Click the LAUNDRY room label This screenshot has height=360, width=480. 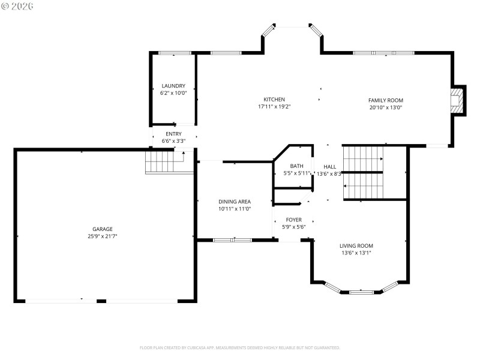click(x=173, y=86)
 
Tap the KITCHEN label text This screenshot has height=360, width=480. click(x=274, y=100)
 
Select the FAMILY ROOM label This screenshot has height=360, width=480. click(x=385, y=100)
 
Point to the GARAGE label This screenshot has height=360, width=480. click(x=103, y=229)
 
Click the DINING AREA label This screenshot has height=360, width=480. click(x=234, y=202)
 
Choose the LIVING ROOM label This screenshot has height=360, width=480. click(x=356, y=245)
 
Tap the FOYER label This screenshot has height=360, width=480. click(x=293, y=220)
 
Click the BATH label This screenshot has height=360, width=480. click(x=296, y=166)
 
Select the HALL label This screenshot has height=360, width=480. click(x=330, y=166)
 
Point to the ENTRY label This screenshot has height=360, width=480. click(x=173, y=134)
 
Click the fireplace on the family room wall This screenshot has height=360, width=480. click(x=459, y=101)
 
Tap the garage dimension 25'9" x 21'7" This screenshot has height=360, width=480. click(x=103, y=236)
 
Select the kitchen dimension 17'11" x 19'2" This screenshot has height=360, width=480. click(x=274, y=107)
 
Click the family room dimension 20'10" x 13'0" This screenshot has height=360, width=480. click(x=385, y=108)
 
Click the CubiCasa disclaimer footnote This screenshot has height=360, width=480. click(x=240, y=347)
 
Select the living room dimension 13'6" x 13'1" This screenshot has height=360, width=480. click(x=356, y=253)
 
